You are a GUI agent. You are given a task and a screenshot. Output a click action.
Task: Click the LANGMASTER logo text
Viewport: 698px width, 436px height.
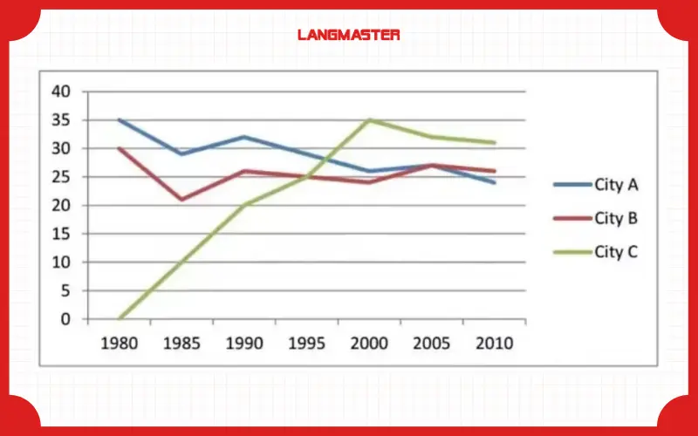348,35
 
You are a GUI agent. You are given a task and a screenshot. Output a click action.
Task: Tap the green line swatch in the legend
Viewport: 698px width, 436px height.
571,253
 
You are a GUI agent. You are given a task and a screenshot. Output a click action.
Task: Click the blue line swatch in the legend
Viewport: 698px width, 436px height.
571,185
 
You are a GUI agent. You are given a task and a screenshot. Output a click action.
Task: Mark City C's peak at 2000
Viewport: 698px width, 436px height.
369,119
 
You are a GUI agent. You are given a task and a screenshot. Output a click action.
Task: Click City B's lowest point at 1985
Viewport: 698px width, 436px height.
181,200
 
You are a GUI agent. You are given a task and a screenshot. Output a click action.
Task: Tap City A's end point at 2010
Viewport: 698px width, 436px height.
495,182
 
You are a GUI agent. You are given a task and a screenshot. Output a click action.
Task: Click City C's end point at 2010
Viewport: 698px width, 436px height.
495,142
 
